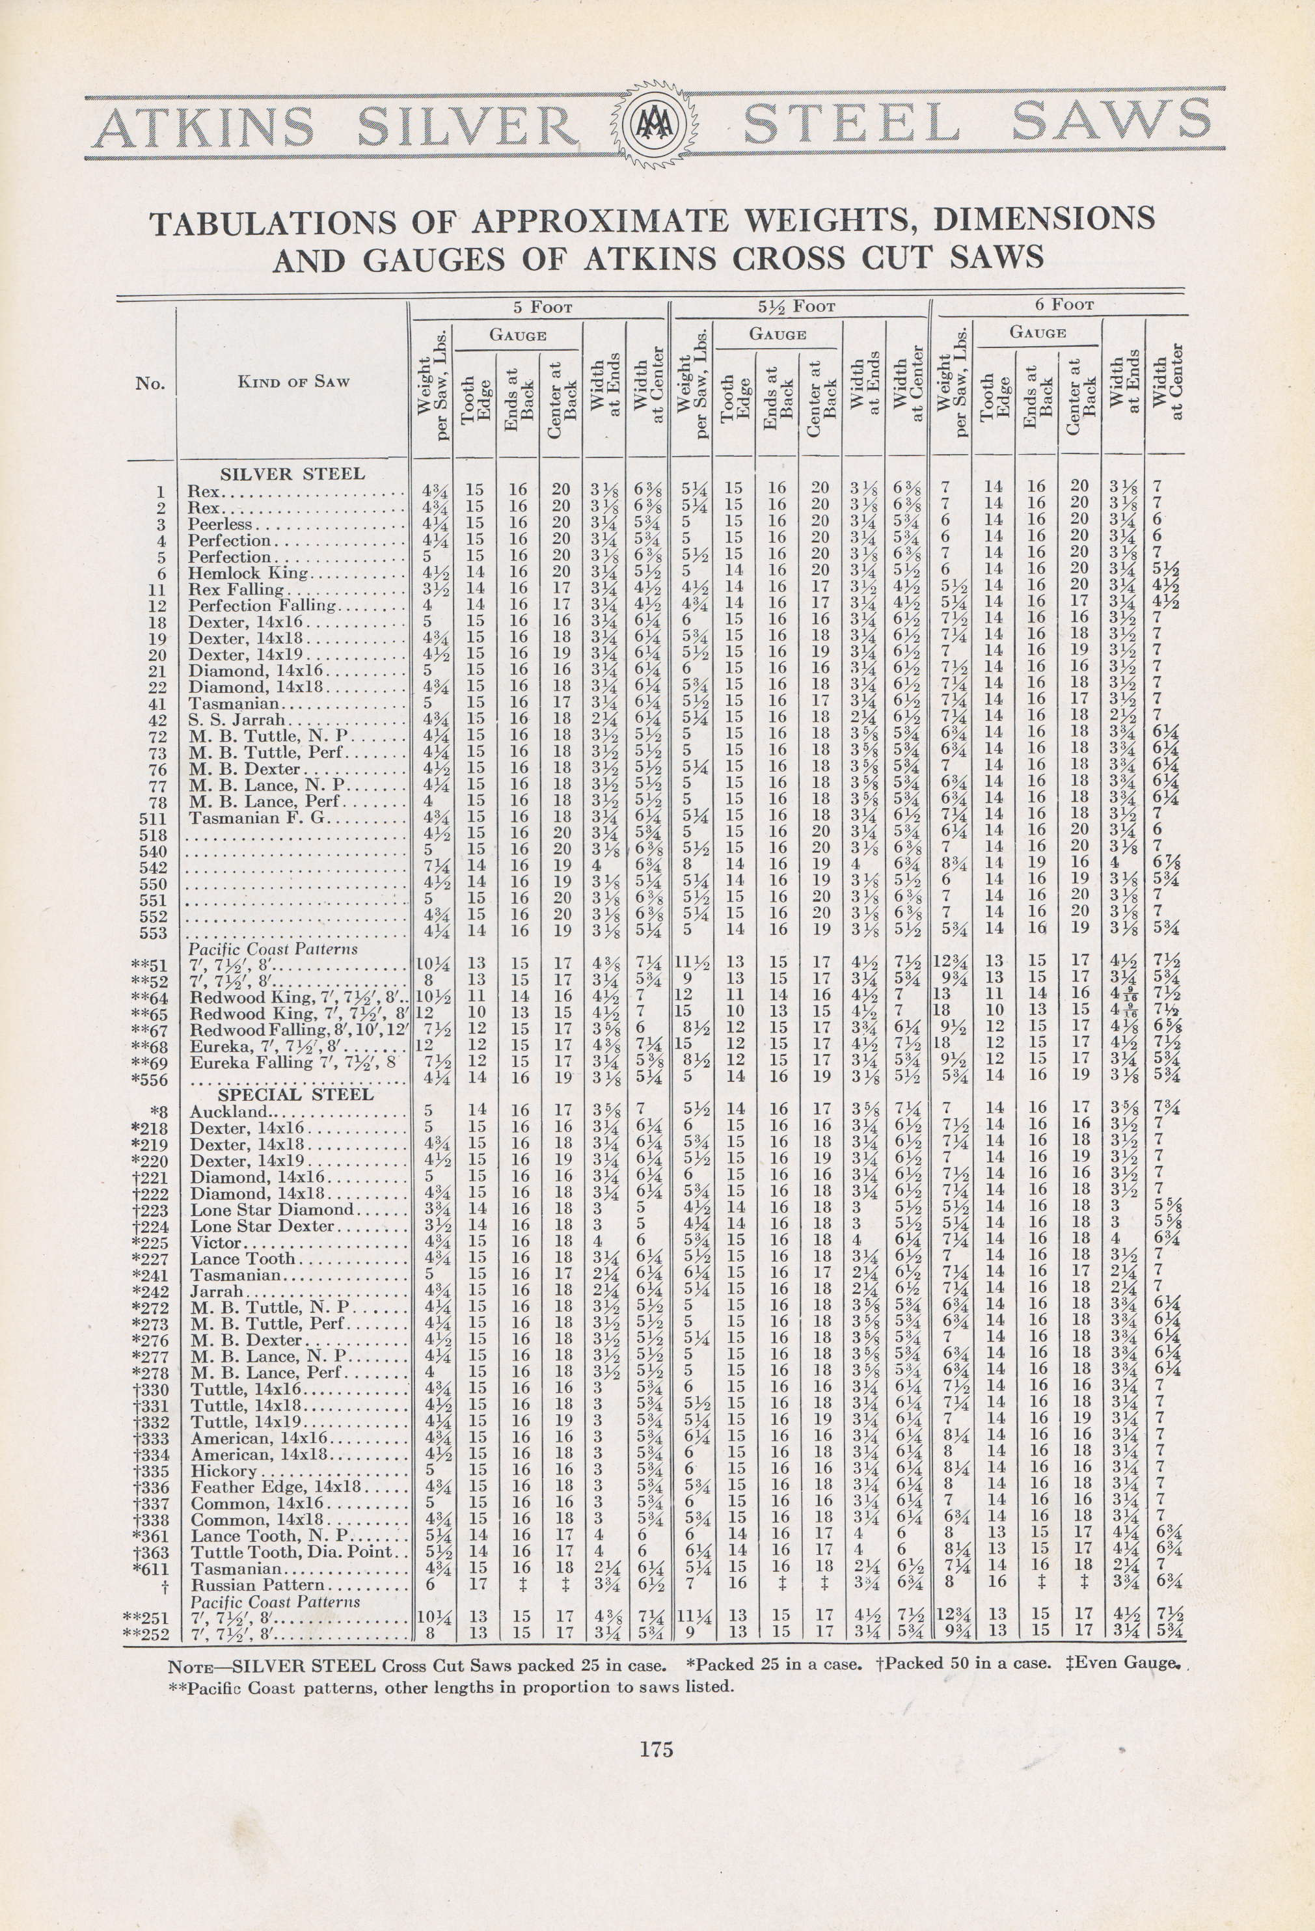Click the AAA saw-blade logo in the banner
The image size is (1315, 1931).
pos(657,126)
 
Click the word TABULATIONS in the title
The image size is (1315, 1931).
pos(278,223)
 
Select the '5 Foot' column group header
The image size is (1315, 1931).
pos(542,306)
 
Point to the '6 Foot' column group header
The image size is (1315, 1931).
pos(1064,305)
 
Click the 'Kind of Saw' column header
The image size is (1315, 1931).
pos(293,382)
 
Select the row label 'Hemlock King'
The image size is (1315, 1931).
pos(249,573)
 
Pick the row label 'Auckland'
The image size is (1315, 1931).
pos(230,1112)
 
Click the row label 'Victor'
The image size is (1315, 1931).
pos(215,1243)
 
